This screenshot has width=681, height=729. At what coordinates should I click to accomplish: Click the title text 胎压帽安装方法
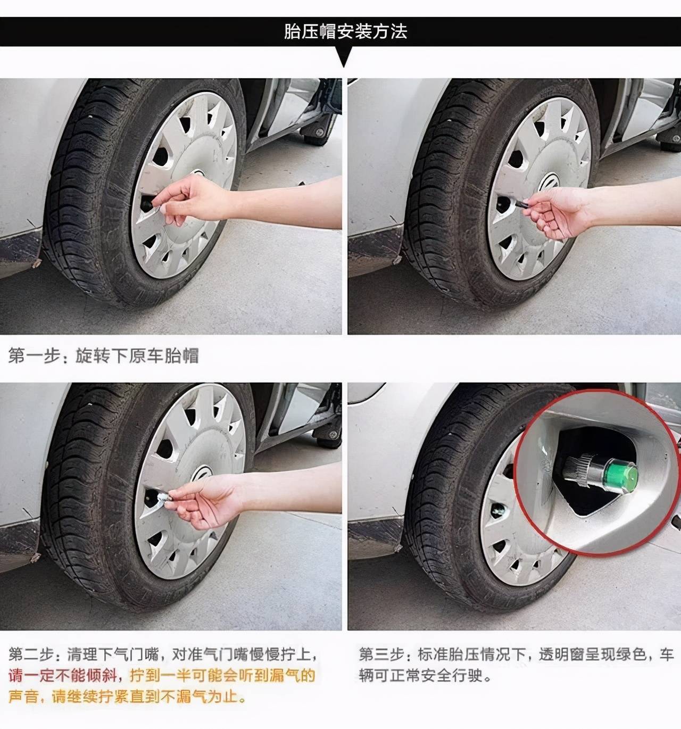(x=345, y=31)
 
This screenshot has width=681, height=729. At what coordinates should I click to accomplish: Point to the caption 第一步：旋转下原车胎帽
(x=104, y=355)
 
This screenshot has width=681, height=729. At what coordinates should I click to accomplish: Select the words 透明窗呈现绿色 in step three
(x=594, y=654)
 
